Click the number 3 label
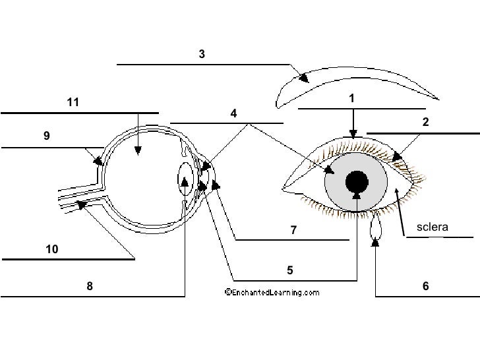point(202,55)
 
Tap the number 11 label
point(73,102)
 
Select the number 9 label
point(47,136)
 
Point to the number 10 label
point(52,249)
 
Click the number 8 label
point(90,286)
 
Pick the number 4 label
point(233,113)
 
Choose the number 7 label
point(294,230)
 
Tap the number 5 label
point(289,270)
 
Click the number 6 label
point(426,286)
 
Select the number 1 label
point(352,98)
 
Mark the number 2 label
point(426,122)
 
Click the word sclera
point(433,227)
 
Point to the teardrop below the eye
point(376,228)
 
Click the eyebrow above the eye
point(356,82)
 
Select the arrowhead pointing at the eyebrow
point(304,78)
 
